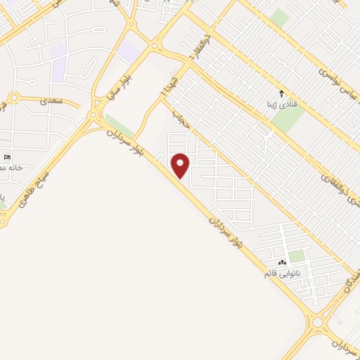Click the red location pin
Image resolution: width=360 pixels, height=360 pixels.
tap(181, 166)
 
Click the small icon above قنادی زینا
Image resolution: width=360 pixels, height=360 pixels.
tap(282, 93)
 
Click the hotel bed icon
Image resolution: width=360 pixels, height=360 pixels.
tap(8, 156)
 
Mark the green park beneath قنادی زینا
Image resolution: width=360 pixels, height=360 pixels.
tap(287, 120)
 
